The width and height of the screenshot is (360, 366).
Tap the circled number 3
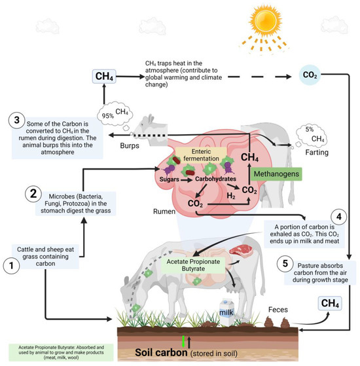14,121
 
